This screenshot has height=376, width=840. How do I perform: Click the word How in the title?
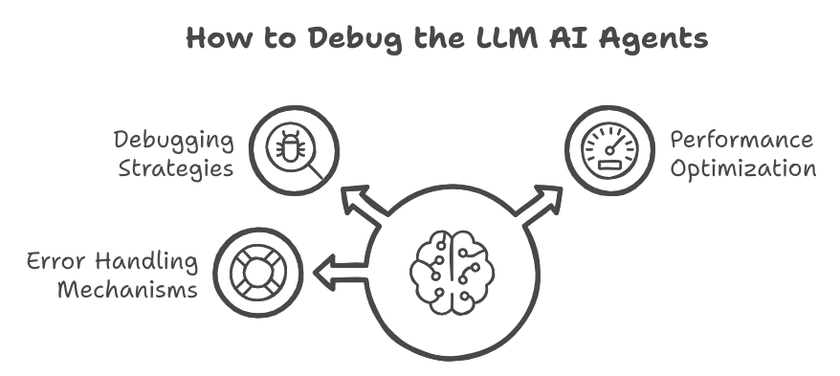[x=217, y=39]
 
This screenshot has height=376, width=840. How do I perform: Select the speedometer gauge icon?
[x=609, y=151]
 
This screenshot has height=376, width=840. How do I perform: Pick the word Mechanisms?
[x=127, y=288]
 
